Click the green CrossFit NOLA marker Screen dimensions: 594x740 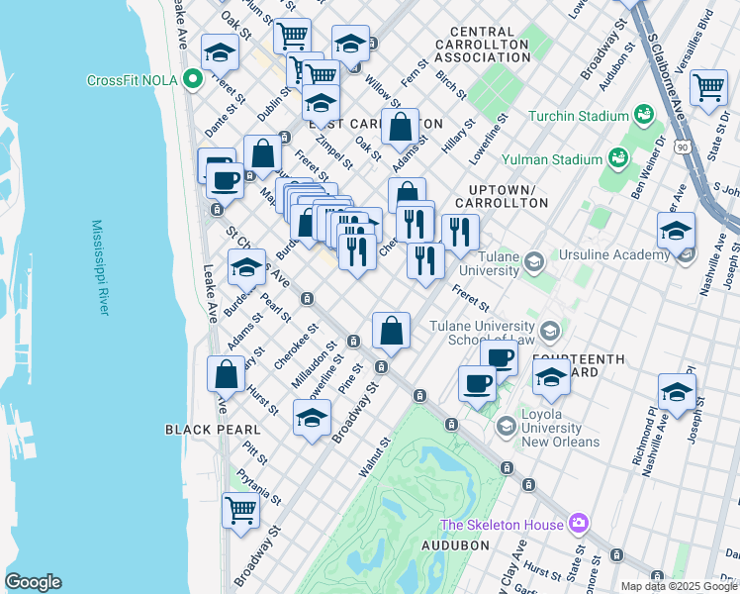coord(194,81)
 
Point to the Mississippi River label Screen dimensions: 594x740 coord(100,267)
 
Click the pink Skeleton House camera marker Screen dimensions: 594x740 coord(579,524)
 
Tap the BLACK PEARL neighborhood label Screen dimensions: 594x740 coord(212,430)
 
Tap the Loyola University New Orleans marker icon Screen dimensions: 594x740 coord(507,426)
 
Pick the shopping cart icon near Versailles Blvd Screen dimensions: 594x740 coord(708,88)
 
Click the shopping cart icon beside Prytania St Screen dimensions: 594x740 coord(240,510)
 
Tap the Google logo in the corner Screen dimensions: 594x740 coord(33,582)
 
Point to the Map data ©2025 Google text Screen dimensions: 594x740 coord(679,586)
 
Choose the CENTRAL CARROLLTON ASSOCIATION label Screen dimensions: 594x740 coord(489,46)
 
